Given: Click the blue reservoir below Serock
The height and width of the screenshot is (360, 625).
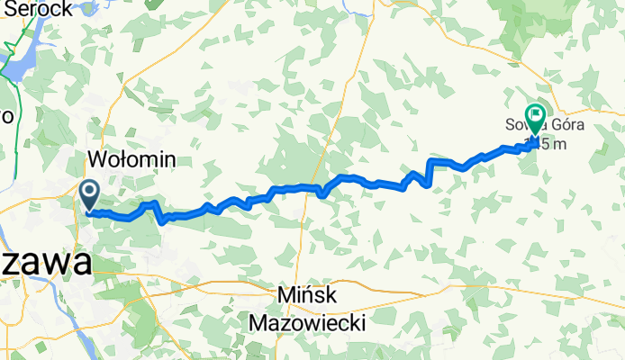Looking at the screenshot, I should (20, 58).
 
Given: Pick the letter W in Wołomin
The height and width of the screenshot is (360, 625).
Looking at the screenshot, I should (96, 160).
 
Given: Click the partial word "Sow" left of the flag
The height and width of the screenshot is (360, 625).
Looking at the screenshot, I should (518, 126).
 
